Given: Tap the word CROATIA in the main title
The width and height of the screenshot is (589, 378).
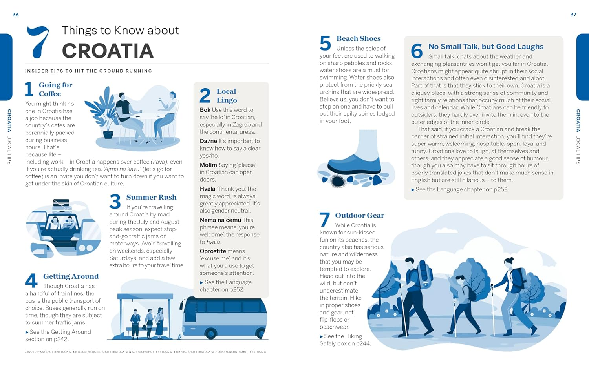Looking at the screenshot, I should coord(108,51).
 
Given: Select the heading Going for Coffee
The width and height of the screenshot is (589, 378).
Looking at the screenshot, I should coord(55,89).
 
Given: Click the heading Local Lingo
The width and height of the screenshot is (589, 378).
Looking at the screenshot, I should coord(227,96).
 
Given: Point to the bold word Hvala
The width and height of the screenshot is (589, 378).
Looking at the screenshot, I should coord(207,189).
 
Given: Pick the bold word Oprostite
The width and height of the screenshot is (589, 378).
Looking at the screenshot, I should coord(213,251).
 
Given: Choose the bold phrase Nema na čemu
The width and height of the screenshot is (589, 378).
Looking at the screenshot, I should coord(220,220).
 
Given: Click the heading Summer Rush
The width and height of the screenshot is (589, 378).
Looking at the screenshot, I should coord(151,197).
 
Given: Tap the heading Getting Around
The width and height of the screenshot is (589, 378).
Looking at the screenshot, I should coord(71,276).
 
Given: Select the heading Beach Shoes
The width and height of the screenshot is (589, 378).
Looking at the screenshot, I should coord(359,38).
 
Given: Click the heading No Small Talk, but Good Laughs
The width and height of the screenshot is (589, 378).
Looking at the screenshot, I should coord(486,47).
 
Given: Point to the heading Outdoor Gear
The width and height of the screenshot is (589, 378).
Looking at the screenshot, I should coord(360,215).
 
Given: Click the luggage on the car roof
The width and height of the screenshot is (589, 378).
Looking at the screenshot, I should coord(61,203).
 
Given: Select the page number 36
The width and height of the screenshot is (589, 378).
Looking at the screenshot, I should coord(16,15).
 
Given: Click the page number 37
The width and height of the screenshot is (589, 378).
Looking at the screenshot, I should coord(573,15).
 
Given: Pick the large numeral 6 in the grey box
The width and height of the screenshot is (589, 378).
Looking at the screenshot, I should coord(417,51).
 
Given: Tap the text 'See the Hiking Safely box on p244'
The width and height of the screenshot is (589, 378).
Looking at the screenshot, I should coord(345,340).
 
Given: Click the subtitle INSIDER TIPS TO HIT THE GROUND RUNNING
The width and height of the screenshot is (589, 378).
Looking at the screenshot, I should coord(88,71).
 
